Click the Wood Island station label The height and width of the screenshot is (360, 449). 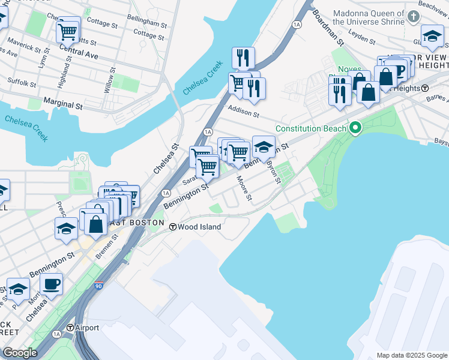tap(199, 227)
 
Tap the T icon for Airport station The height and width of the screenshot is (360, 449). tap(70, 328)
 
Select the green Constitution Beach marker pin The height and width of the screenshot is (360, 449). tap(355, 128)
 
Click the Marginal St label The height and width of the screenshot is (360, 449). tap(62, 105)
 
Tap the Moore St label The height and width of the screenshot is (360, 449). tap(245, 187)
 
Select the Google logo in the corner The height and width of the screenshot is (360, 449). tap(20, 353)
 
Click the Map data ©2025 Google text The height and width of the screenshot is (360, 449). tap(411, 355)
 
